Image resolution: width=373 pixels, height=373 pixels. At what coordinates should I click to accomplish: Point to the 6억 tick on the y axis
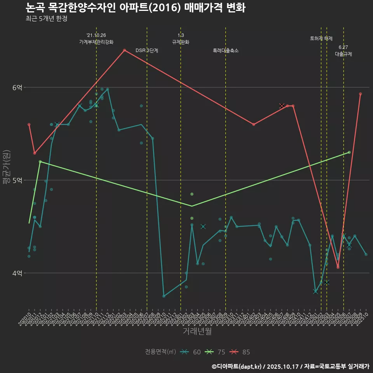pyautogui.click(x=17, y=88)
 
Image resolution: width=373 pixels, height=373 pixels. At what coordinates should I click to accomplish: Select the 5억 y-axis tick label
pyautogui.click(x=17, y=180)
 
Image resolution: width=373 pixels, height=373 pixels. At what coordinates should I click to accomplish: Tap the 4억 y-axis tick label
pyautogui.click(x=17, y=273)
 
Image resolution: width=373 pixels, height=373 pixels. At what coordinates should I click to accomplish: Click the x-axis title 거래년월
pyautogui.click(x=197, y=331)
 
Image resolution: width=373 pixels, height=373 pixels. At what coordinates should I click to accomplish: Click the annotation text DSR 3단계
pyautogui.click(x=147, y=51)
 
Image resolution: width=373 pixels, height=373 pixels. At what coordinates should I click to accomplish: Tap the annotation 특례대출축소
pyautogui.click(x=226, y=51)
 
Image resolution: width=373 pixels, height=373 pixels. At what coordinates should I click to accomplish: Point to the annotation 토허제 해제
pyautogui.click(x=321, y=38)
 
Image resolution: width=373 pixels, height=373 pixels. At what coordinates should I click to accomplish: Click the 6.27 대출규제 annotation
pyautogui.click(x=343, y=51)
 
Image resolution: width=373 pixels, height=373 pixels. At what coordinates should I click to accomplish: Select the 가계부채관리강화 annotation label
pyautogui.click(x=96, y=42)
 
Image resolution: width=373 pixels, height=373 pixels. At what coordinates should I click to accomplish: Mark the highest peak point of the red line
pyautogui.click(x=124, y=50)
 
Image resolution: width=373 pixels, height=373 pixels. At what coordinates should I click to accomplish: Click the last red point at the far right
pyautogui.click(x=361, y=94)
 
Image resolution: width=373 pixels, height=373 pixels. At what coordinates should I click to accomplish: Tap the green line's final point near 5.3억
pyautogui.click(x=349, y=152)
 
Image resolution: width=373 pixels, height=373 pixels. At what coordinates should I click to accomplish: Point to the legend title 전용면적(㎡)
pyautogui.click(x=160, y=352)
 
